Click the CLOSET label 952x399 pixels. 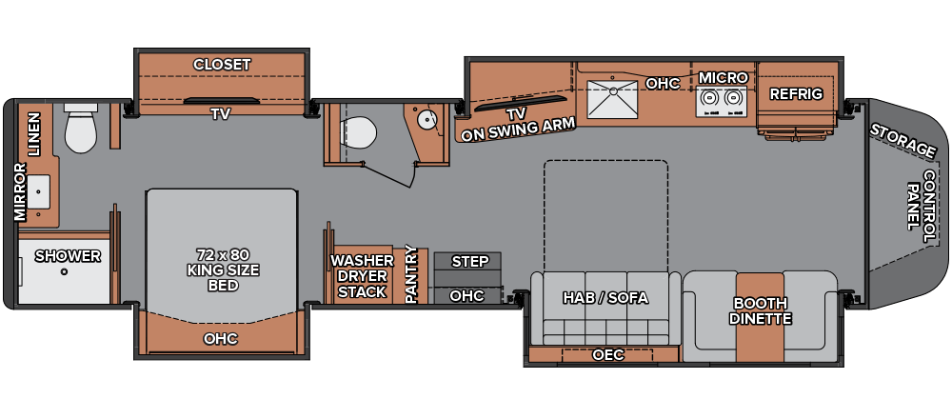point(222,65)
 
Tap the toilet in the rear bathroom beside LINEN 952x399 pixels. point(81,129)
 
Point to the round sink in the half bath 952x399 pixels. point(427,119)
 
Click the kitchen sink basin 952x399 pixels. point(611,100)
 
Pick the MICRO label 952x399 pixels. point(723,78)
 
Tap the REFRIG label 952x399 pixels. point(796,94)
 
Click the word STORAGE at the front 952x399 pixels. point(902,140)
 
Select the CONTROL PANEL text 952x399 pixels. point(922,207)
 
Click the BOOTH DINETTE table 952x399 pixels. point(760,317)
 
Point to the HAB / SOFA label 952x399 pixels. point(605,298)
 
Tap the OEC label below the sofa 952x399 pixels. point(608,354)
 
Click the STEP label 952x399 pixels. point(470,262)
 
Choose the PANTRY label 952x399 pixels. point(411,274)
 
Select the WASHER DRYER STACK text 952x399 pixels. point(362,276)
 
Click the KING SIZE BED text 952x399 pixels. point(224,270)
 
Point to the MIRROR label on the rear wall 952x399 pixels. point(21,192)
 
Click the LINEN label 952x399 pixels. point(33,134)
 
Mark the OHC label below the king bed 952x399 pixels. point(221,339)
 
